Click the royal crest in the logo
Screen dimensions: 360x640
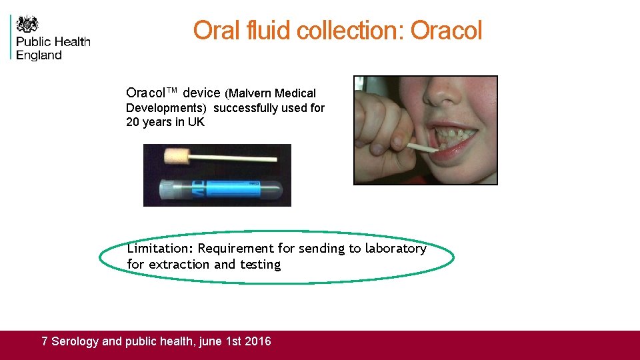tap(27, 25)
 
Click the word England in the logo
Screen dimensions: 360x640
tap(39, 56)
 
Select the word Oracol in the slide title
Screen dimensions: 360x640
tap(446, 31)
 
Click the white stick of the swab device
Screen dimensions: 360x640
tap(240, 158)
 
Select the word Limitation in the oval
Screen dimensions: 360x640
tap(159, 249)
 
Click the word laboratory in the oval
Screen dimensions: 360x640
tap(395, 249)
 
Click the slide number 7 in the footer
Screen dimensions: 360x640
tap(45, 341)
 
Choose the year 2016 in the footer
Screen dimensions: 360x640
tap(258, 341)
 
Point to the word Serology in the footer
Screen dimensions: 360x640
tap(75, 341)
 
